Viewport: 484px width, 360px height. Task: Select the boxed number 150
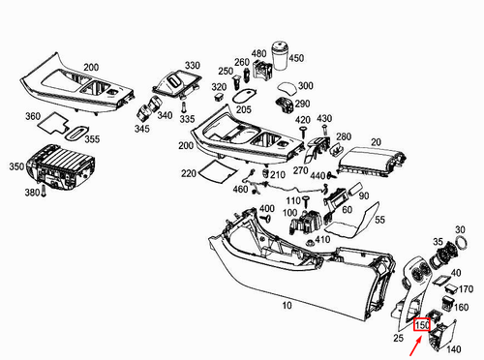(422, 325)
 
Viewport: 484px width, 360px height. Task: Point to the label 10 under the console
(285, 306)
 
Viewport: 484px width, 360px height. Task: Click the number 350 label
(15, 166)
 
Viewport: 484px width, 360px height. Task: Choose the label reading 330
(193, 66)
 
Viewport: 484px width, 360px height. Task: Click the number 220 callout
(188, 174)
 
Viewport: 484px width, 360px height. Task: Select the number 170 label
(466, 289)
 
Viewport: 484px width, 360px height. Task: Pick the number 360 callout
(32, 116)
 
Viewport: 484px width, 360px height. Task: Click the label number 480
(258, 53)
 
